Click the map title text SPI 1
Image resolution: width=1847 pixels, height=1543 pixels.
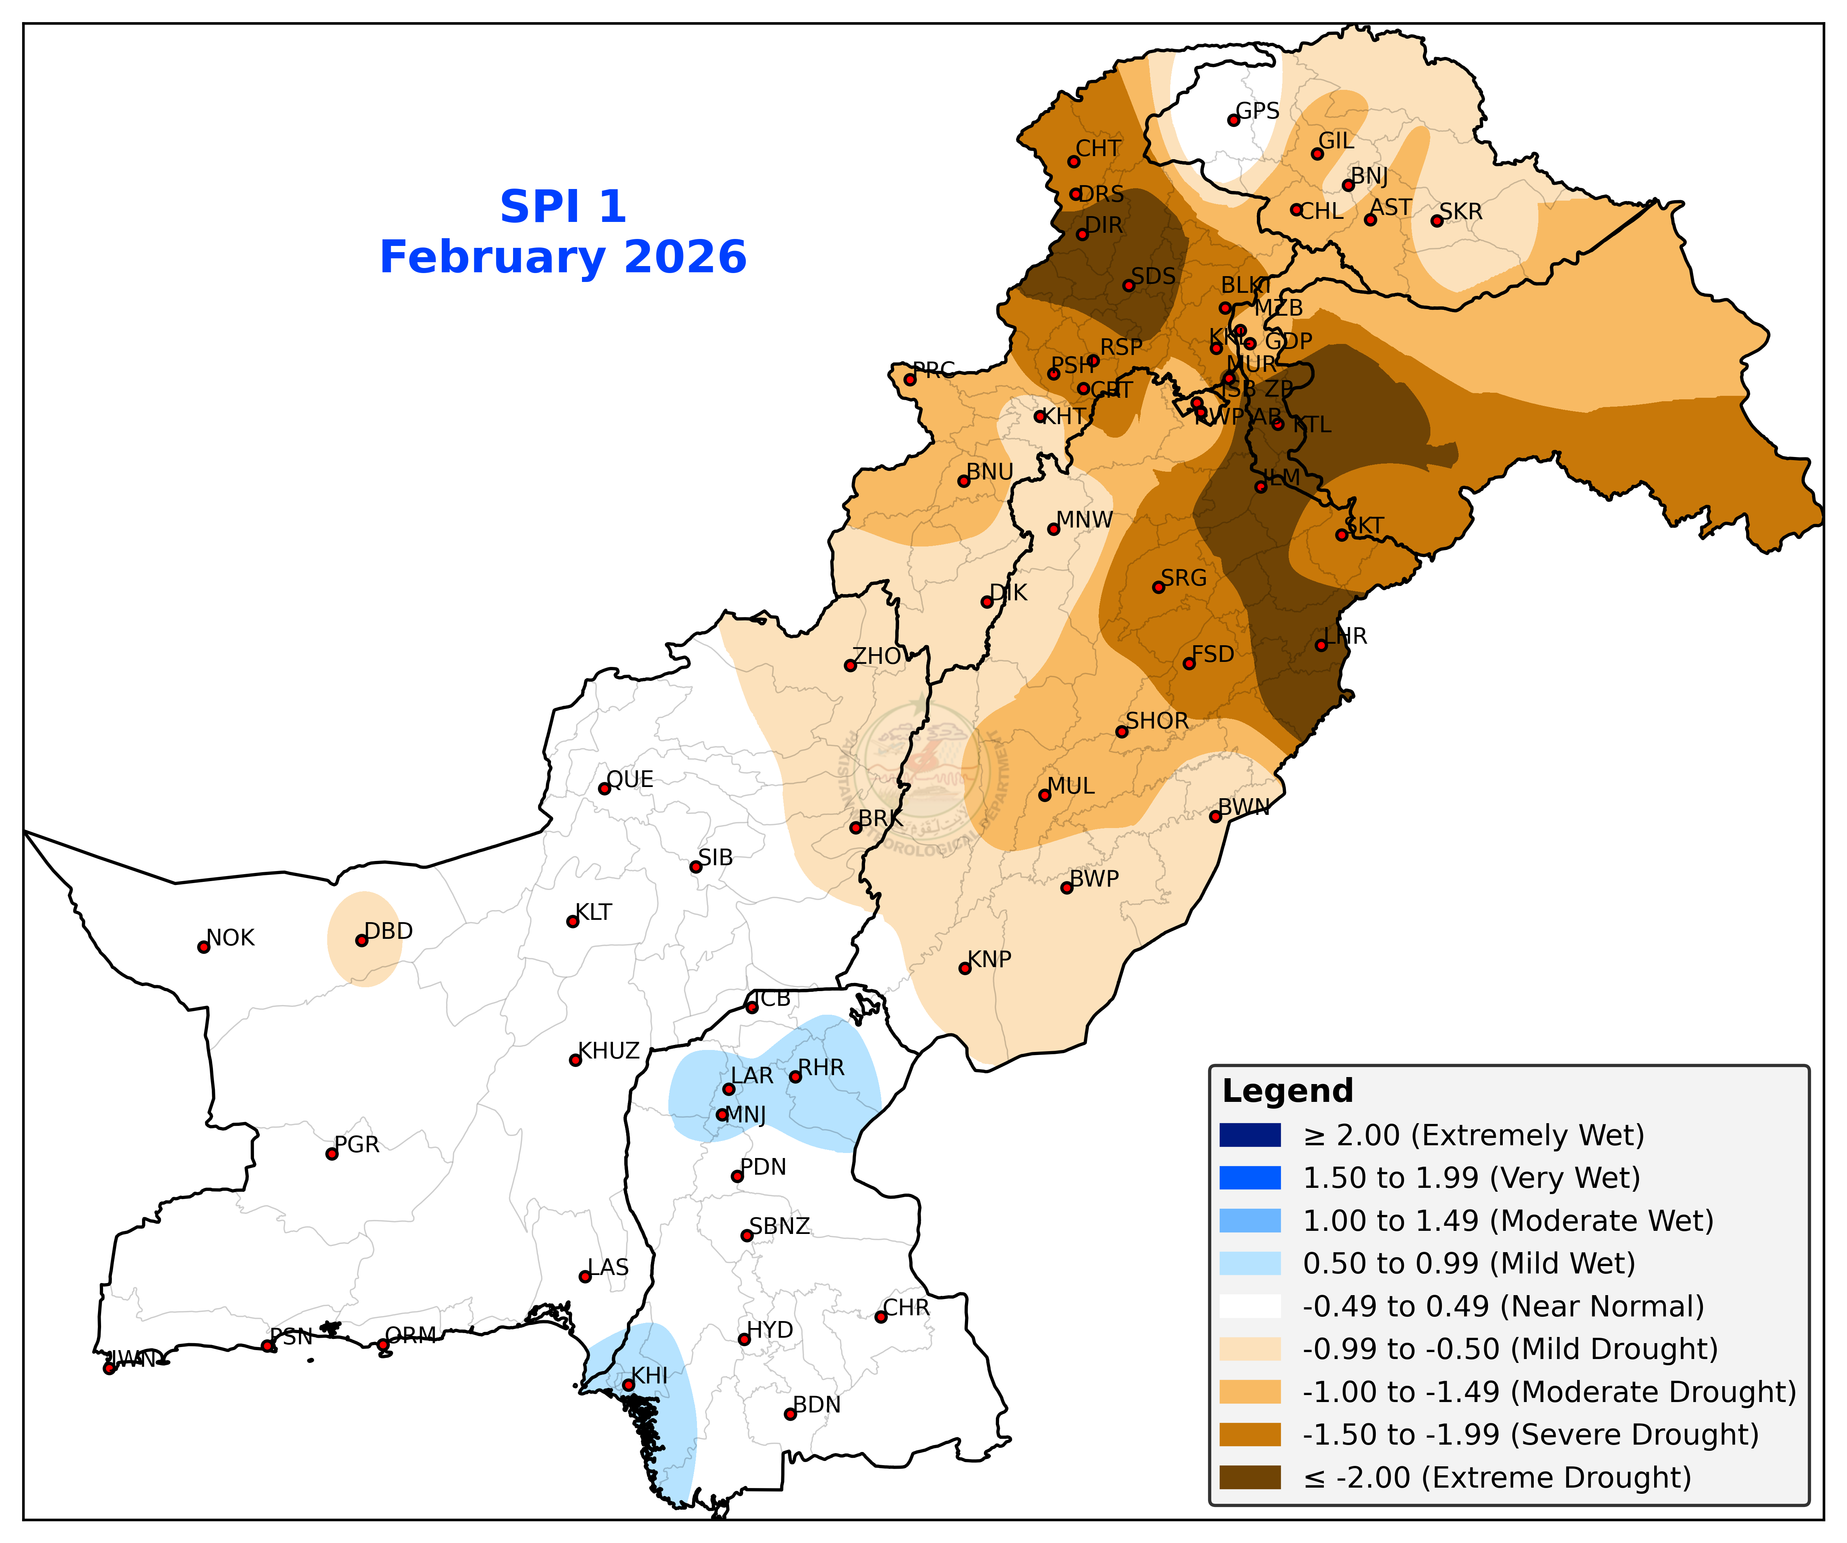tap(563, 208)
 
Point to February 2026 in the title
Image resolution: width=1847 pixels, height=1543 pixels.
tap(563, 258)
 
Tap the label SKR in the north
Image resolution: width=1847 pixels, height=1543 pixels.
tap(1461, 212)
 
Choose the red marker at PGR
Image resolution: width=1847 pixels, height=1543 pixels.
tap(331, 1154)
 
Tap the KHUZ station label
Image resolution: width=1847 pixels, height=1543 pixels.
tap(609, 1051)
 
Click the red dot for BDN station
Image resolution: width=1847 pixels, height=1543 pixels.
tap(790, 1414)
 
